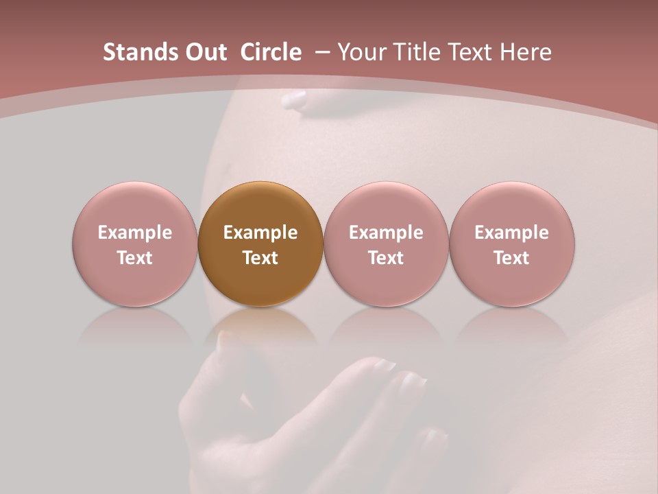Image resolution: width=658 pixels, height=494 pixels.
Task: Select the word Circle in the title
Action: pyautogui.click(x=271, y=52)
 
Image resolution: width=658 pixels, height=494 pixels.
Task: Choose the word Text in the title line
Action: pyautogui.click(x=475, y=52)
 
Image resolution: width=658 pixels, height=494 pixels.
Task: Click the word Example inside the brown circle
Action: pyautogui.click(x=260, y=233)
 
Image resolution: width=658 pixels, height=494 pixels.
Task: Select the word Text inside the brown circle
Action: pyautogui.click(x=260, y=258)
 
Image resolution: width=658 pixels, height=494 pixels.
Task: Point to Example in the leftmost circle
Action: pyautogui.click(x=135, y=233)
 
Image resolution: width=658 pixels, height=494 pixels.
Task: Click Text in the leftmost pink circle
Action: pyautogui.click(x=135, y=258)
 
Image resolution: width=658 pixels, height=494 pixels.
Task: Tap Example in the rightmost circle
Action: pyautogui.click(x=512, y=233)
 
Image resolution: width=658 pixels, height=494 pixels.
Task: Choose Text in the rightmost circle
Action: pyautogui.click(x=512, y=258)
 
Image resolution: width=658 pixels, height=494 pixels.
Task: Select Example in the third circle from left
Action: pyautogui.click(x=386, y=233)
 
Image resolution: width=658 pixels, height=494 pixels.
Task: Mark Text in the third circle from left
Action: pyautogui.click(x=386, y=258)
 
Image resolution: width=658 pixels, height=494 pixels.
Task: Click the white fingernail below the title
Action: pyautogui.click(x=295, y=100)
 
